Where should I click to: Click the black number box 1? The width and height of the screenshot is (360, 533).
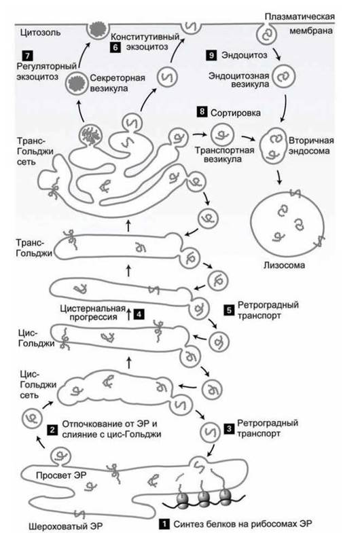[x=164, y=523]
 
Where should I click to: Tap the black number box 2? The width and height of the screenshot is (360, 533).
[x=52, y=430]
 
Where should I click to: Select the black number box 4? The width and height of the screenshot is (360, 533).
[x=139, y=314]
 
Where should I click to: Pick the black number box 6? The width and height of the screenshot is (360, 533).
[x=115, y=47]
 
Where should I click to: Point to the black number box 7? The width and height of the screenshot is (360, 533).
[x=27, y=56]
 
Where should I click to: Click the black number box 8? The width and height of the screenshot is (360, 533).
[x=202, y=111]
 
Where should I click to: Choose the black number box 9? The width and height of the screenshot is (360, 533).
[x=211, y=55]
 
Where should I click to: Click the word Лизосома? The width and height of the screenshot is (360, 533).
[x=284, y=265]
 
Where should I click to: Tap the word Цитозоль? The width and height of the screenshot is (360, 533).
[x=41, y=33]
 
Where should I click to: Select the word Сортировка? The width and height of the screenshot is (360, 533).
[x=236, y=113]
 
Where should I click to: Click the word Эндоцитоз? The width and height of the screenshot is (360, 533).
[x=244, y=55]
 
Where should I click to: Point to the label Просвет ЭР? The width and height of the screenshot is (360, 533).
[x=61, y=475]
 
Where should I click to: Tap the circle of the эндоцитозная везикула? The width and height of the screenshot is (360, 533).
[x=283, y=77]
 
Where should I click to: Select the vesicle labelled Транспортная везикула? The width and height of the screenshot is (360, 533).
[x=222, y=135]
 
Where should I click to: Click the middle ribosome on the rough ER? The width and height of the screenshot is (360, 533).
[x=204, y=498]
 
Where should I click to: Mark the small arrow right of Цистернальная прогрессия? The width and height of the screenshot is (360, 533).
[x=128, y=314]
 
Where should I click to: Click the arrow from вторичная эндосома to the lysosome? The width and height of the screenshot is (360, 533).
[x=279, y=177]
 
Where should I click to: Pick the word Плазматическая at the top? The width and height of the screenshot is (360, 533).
[x=300, y=17]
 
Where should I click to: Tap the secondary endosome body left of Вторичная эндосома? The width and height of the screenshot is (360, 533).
[x=272, y=146]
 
